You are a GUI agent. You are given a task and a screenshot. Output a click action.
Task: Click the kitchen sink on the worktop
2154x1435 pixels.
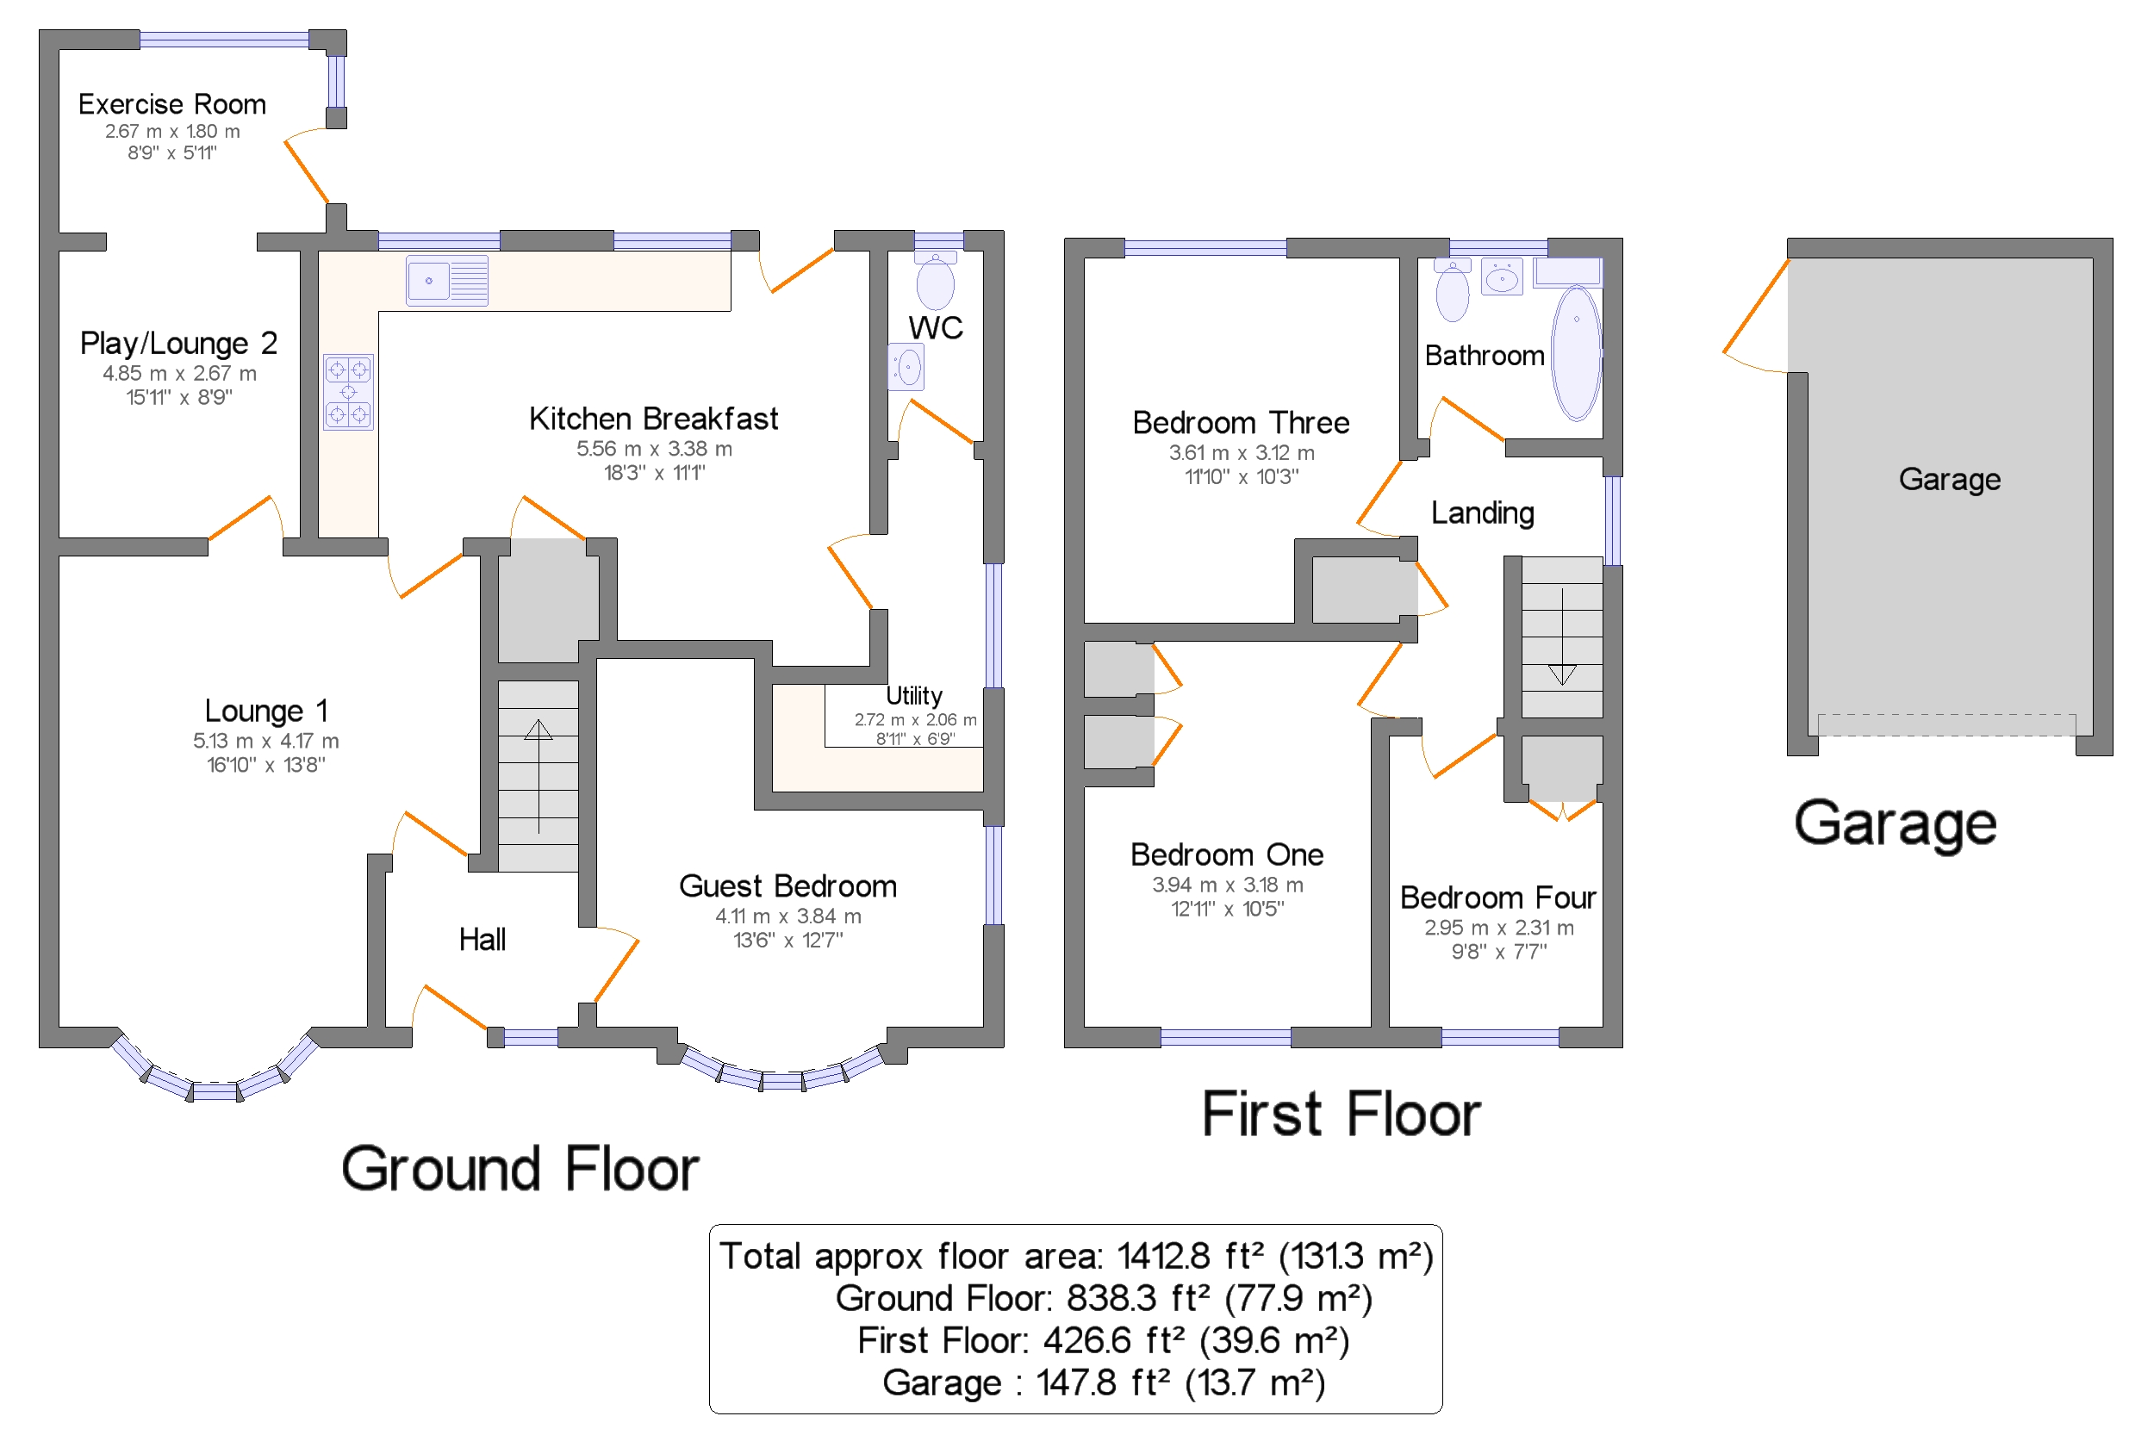446,280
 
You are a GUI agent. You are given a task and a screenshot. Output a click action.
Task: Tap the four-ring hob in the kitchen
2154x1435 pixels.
348,392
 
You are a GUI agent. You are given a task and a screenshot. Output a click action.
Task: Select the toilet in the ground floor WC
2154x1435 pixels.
935,280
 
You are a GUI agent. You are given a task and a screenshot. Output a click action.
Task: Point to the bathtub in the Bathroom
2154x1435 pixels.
1577,352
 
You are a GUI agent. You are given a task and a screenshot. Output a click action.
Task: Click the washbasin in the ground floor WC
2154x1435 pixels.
906,368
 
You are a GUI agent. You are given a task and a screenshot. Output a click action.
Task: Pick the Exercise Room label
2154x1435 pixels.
172,104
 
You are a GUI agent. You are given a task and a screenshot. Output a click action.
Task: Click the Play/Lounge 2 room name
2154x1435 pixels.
178,343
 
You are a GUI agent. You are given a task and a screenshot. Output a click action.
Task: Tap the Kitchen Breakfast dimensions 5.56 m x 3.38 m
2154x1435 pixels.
654,449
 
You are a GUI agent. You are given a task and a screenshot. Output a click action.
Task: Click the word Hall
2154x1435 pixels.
482,939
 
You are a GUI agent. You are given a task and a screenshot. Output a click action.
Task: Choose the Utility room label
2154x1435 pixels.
913,696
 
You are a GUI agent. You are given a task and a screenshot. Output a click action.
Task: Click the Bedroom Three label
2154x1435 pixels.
1241,423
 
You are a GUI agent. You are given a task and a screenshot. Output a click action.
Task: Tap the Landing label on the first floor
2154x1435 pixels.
1482,513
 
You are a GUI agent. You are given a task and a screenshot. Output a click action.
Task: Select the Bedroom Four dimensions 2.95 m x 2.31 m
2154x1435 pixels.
1498,927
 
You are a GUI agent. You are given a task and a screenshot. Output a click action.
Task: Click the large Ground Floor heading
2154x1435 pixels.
520,1169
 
